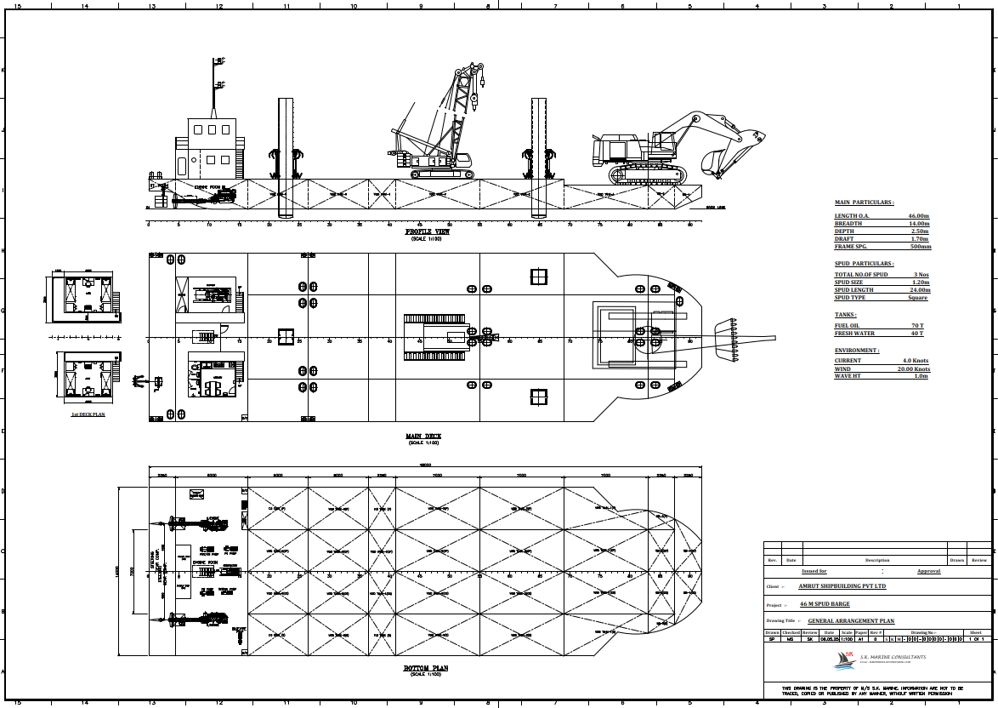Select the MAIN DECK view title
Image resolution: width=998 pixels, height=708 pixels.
[x=423, y=436]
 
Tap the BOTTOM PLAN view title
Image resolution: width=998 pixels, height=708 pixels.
[x=425, y=668]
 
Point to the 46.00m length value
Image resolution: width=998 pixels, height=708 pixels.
[x=919, y=216]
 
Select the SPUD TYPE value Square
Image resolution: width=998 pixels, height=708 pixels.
[x=917, y=298]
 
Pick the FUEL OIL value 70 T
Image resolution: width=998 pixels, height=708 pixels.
[x=917, y=326]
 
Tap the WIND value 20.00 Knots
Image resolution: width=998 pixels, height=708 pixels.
[x=914, y=369]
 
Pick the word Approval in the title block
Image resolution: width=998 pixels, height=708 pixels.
[x=928, y=571]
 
